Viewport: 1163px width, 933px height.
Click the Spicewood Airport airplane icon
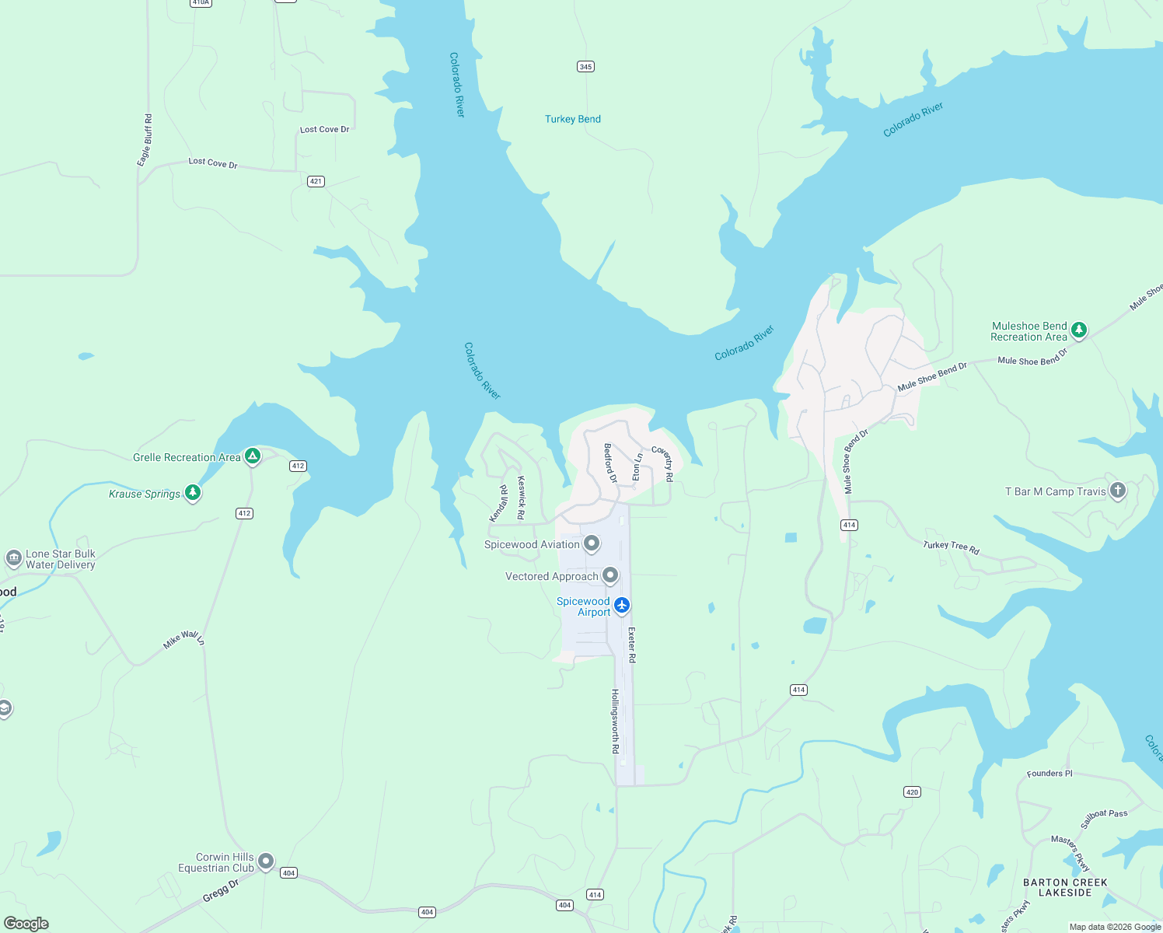pyautogui.click(x=621, y=605)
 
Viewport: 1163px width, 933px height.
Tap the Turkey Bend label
pyautogui.click(x=572, y=119)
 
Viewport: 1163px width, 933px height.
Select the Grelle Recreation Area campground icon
pyautogui.click(x=252, y=456)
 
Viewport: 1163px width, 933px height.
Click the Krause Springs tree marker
pyautogui.click(x=193, y=492)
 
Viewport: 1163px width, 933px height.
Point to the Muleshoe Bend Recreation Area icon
pyautogui.click(x=1078, y=330)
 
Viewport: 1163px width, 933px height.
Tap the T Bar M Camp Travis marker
pyautogui.click(x=1117, y=491)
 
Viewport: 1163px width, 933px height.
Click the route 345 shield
pyautogui.click(x=585, y=67)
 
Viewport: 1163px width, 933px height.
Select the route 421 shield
pyautogui.click(x=315, y=181)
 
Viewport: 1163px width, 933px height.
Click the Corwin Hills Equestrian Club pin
pyautogui.click(x=266, y=861)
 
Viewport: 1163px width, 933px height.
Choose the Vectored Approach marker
pyautogui.click(x=610, y=575)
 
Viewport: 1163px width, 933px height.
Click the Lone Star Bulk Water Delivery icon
pyautogui.click(x=13, y=558)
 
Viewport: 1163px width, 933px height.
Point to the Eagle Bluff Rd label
pyautogui.click(x=145, y=140)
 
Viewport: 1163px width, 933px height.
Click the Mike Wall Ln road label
pyautogui.click(x=183, y=640)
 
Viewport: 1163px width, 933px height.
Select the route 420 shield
pyautogui.click(x=912, y=792)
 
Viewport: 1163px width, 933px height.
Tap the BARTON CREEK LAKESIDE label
pyautogui.click(x=1065, y=887)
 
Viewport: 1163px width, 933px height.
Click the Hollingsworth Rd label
pyautogui.click(x=615, y=721)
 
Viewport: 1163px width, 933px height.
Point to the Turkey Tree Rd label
pyautogui.click(x=951, y=547)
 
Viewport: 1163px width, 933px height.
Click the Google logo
pyautogui.click(x=26, y=924)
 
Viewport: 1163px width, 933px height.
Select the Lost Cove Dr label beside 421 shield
pyautogui.click(x=213, y=162)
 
